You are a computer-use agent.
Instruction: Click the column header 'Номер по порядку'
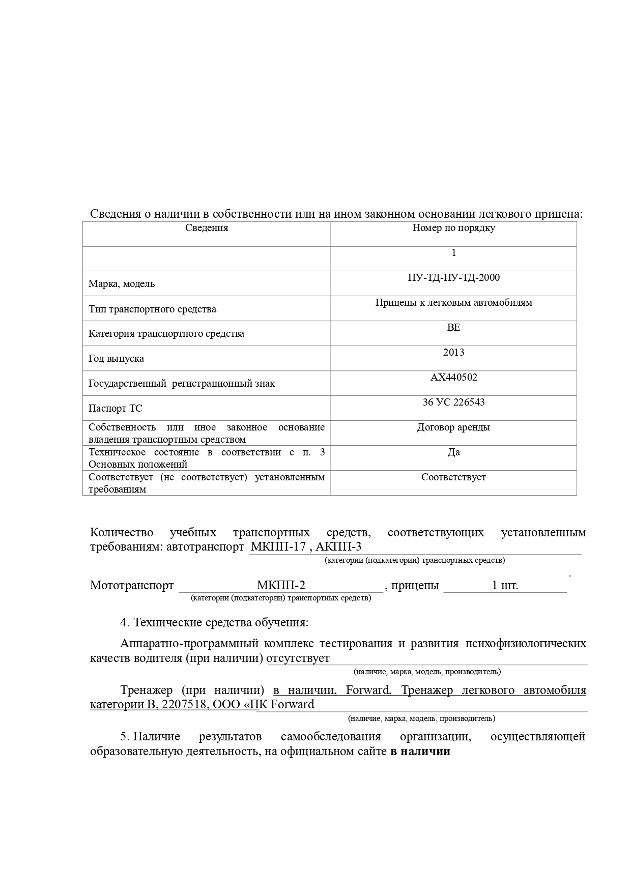pos(453,228)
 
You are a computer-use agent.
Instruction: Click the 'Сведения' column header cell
pos(206,228)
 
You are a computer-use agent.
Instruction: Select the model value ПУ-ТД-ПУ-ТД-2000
pos(453,278)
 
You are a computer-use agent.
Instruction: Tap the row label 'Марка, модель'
pos(122,284)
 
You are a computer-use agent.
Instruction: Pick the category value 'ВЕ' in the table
pos(453,328)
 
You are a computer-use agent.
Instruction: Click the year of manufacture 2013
pos(453,353)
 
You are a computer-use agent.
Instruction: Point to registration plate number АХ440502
pos(453,378)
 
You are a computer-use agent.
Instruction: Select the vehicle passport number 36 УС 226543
pos(453,402)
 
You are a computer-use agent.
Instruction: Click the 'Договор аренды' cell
pos(453,427)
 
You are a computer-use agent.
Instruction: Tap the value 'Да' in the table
pos(453,452)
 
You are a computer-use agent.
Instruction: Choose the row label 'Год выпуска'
pos(116,359)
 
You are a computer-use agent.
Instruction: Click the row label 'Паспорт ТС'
pos(115,409)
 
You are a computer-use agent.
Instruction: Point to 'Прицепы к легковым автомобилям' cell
pos(453,303)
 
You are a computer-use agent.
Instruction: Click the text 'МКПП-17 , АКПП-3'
pos(306,548)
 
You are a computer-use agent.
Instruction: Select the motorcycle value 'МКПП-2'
pos(281,585)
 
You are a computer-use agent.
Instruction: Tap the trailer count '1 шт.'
pos(505,585)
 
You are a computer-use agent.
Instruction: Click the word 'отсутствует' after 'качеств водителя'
pos(298,658)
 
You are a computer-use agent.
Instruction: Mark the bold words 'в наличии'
pos(420,752)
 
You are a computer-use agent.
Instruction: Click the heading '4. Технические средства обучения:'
pos(214,622)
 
